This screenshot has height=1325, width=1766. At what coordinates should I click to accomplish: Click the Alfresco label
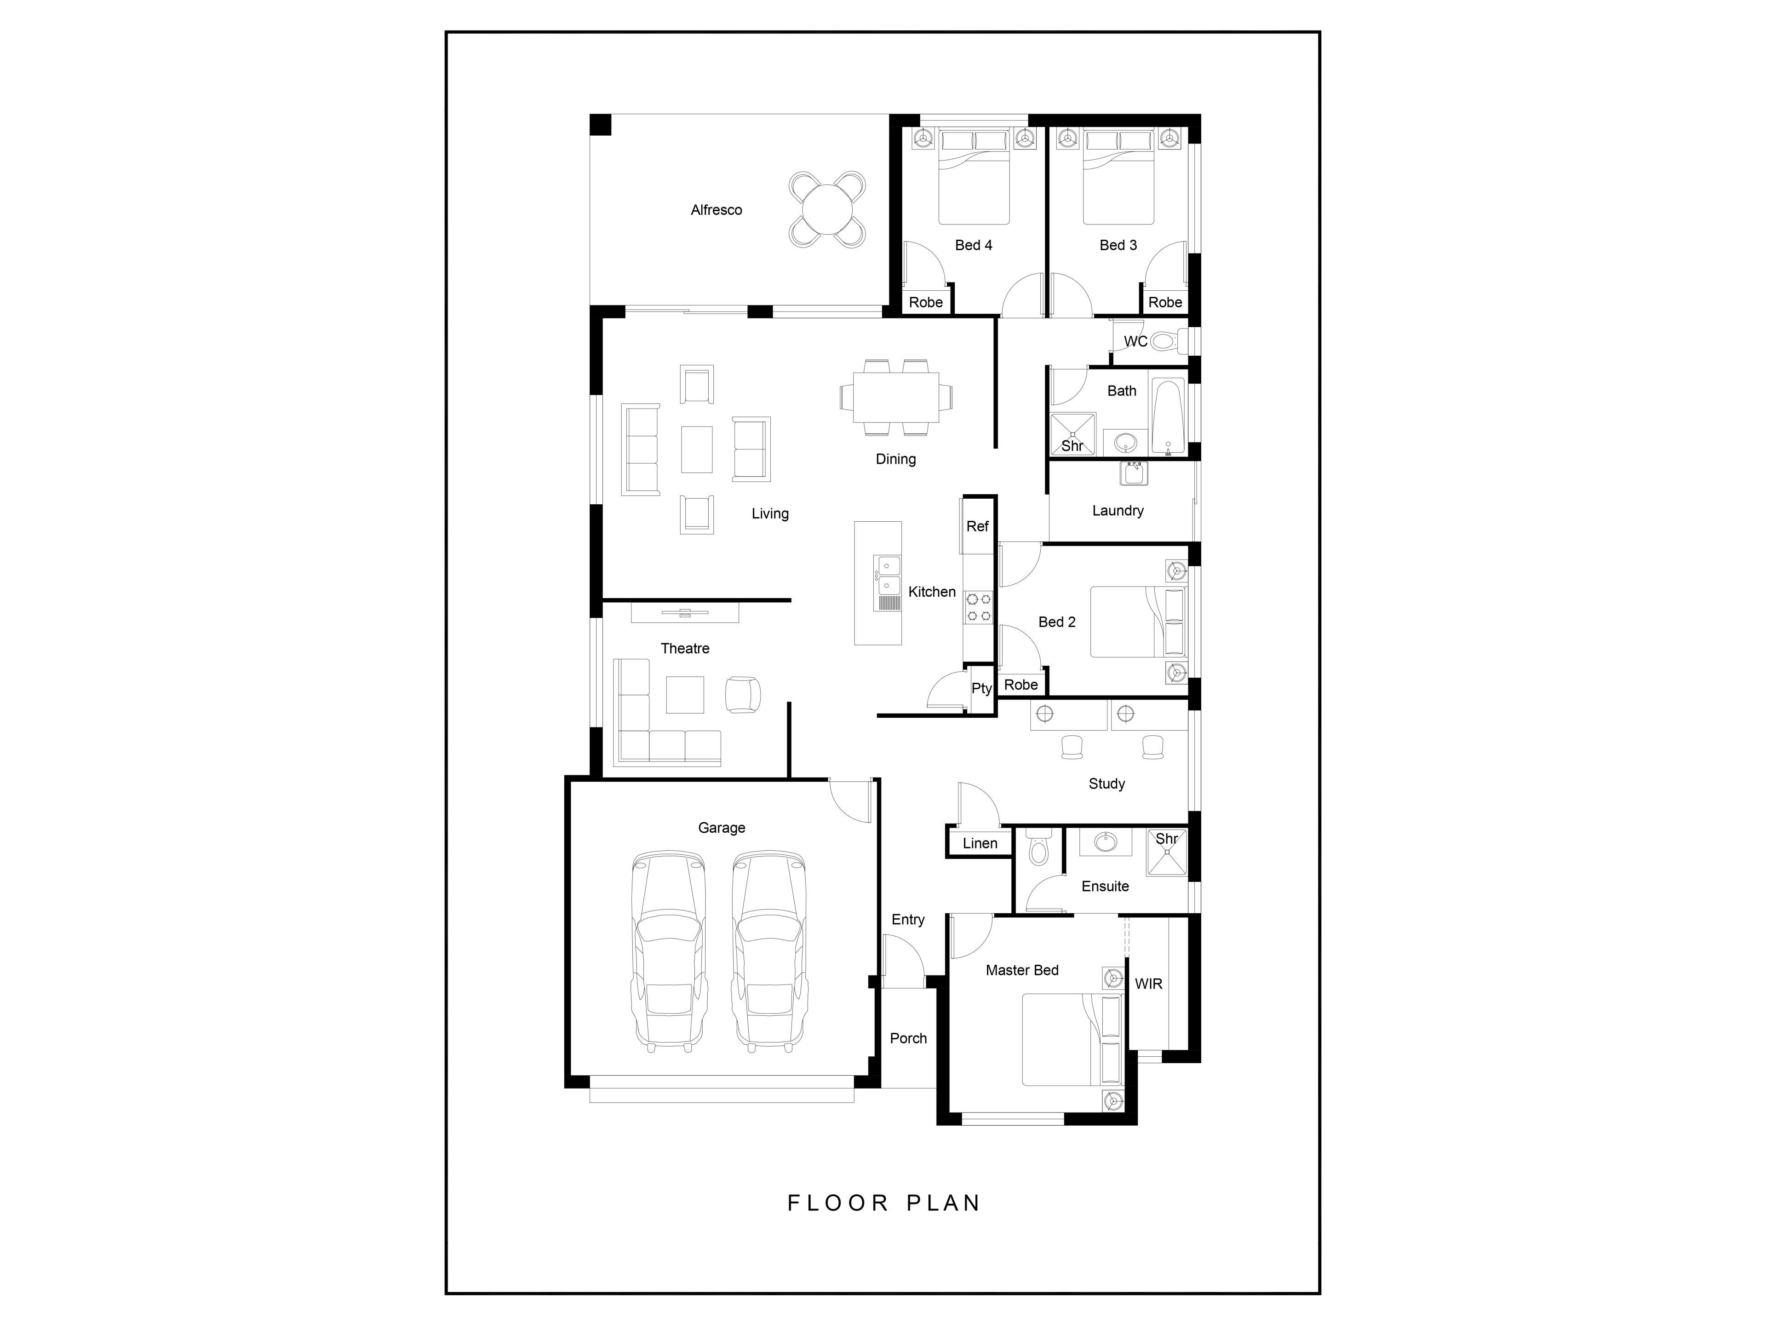click(716, 210)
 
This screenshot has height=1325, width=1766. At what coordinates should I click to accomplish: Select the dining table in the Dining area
click(896, 397)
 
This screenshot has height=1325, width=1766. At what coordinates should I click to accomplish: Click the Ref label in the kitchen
click(977, 526)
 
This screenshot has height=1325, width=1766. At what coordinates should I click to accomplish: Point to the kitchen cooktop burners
click(979, 607)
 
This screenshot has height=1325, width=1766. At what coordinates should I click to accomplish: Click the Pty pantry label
click(981, 688)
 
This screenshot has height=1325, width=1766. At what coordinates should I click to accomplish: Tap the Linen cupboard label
click(980, 843)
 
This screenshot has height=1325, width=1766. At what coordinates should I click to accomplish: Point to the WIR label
click(1149, 984)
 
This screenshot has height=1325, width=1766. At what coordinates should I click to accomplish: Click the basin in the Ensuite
click(1106, 842)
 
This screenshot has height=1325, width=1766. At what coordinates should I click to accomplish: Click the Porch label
click(909, 1038)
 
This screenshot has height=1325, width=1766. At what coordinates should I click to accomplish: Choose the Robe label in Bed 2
click(1021, 685)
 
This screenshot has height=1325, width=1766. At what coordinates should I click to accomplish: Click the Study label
click(1107, 784)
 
